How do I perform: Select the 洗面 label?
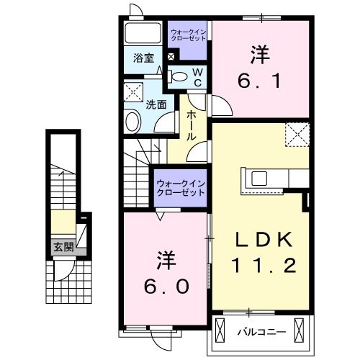coord(156,104)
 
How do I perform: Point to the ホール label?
coord(192,125)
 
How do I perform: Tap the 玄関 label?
coord(63,246)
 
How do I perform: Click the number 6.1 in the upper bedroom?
coord(260,81)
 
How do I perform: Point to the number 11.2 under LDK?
coord(264,266)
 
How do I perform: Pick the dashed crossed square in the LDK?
coord(297,134)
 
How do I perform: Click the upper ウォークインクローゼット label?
coord(188,34)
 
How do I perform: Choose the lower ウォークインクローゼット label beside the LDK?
coord(181,189)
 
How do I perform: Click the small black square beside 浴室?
coord(171,57)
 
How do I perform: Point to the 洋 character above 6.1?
coord(260,53)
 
